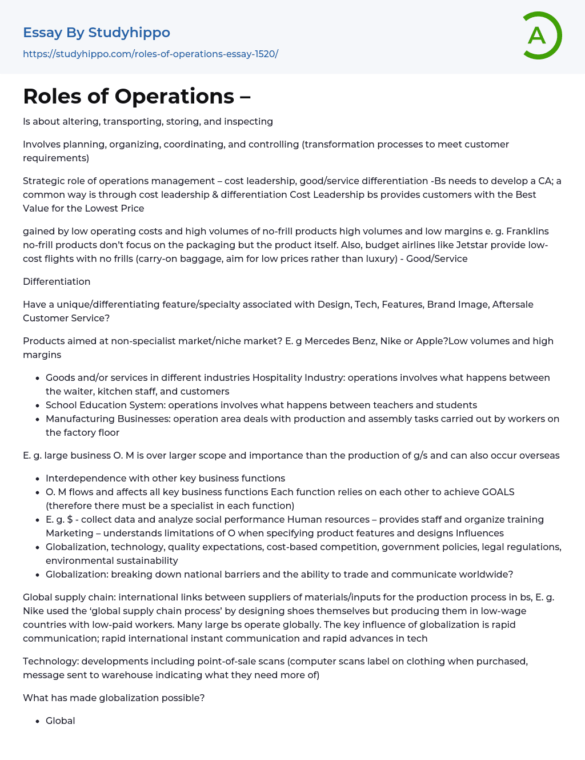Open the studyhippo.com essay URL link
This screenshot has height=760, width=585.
coord(150,54)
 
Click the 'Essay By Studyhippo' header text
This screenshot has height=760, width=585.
coord(97,33)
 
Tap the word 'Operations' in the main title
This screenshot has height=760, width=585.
coord(174,96)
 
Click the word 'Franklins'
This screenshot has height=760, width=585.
coord(522,231)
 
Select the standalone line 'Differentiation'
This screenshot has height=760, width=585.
coord(57,281)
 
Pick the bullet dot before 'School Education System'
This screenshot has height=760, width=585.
coord(38,405)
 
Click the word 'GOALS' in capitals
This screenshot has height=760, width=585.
coord(498,492)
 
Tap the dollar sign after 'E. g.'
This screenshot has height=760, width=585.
coord(70,519)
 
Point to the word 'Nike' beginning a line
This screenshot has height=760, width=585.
coord(33,611)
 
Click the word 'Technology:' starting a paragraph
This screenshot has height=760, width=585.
coord(51,661)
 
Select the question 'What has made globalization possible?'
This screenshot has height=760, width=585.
coord(114,698)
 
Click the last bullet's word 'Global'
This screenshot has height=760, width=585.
coord(61,721)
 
